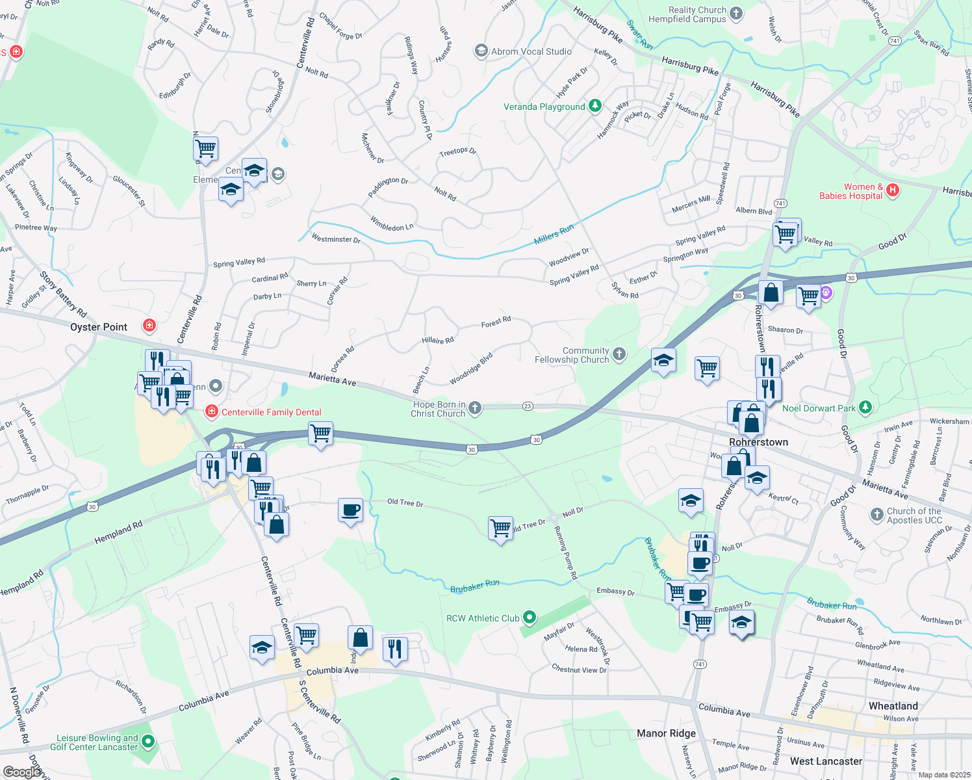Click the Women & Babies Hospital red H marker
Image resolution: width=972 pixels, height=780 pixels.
(893, 190)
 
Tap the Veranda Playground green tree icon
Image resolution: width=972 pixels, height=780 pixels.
(595, 106)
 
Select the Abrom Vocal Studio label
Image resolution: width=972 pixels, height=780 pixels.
(531, 51)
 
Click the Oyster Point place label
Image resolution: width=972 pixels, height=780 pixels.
(99, 327)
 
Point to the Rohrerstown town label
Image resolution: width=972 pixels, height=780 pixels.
(758, 442)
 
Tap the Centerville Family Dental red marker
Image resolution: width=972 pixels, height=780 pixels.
(211, 411)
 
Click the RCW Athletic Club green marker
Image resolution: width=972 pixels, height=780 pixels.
(530, 617)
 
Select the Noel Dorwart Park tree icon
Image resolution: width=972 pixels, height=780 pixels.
(865, 408)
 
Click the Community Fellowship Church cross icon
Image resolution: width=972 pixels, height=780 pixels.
(619, 354)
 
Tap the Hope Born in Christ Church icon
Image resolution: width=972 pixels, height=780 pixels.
(475, 408)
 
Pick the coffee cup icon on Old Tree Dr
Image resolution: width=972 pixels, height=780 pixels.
(350, 510)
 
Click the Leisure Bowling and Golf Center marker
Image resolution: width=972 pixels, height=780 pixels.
(148, 741)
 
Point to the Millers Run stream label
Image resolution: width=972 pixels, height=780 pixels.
(554, 235)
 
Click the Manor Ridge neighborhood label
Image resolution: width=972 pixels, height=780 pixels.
(666, 733)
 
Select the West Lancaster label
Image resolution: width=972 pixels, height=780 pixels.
(826, 761)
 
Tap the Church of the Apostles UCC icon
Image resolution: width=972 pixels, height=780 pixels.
(876, 515)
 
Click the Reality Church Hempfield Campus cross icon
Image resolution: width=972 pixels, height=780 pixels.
(736, 13)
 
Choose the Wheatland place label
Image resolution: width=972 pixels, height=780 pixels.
(893, 706)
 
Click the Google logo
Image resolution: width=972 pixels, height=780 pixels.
(22, 772)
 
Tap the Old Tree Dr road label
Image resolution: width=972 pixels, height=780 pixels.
(405, 502)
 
